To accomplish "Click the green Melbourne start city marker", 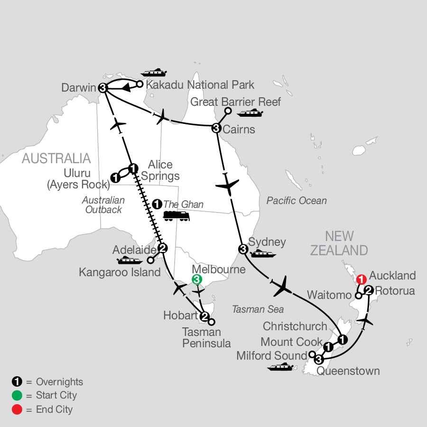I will click(197, 280).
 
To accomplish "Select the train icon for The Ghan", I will click(176, 216).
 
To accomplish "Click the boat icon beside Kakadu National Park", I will click(154, 73).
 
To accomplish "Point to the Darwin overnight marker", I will click(103, 88).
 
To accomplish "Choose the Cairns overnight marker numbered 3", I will click(216, 128).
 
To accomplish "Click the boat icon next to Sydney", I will click(263, 254).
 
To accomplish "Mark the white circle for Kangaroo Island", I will click(150, 260).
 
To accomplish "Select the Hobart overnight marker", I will click(204, 316).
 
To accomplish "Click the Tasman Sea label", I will click(258, 309).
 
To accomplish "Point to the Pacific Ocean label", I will click(297, 201).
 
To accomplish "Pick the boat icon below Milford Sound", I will click(280, 367).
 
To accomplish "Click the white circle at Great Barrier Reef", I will click(228, 111).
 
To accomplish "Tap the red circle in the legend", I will click(16, 409).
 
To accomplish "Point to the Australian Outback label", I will click(102, 205).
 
